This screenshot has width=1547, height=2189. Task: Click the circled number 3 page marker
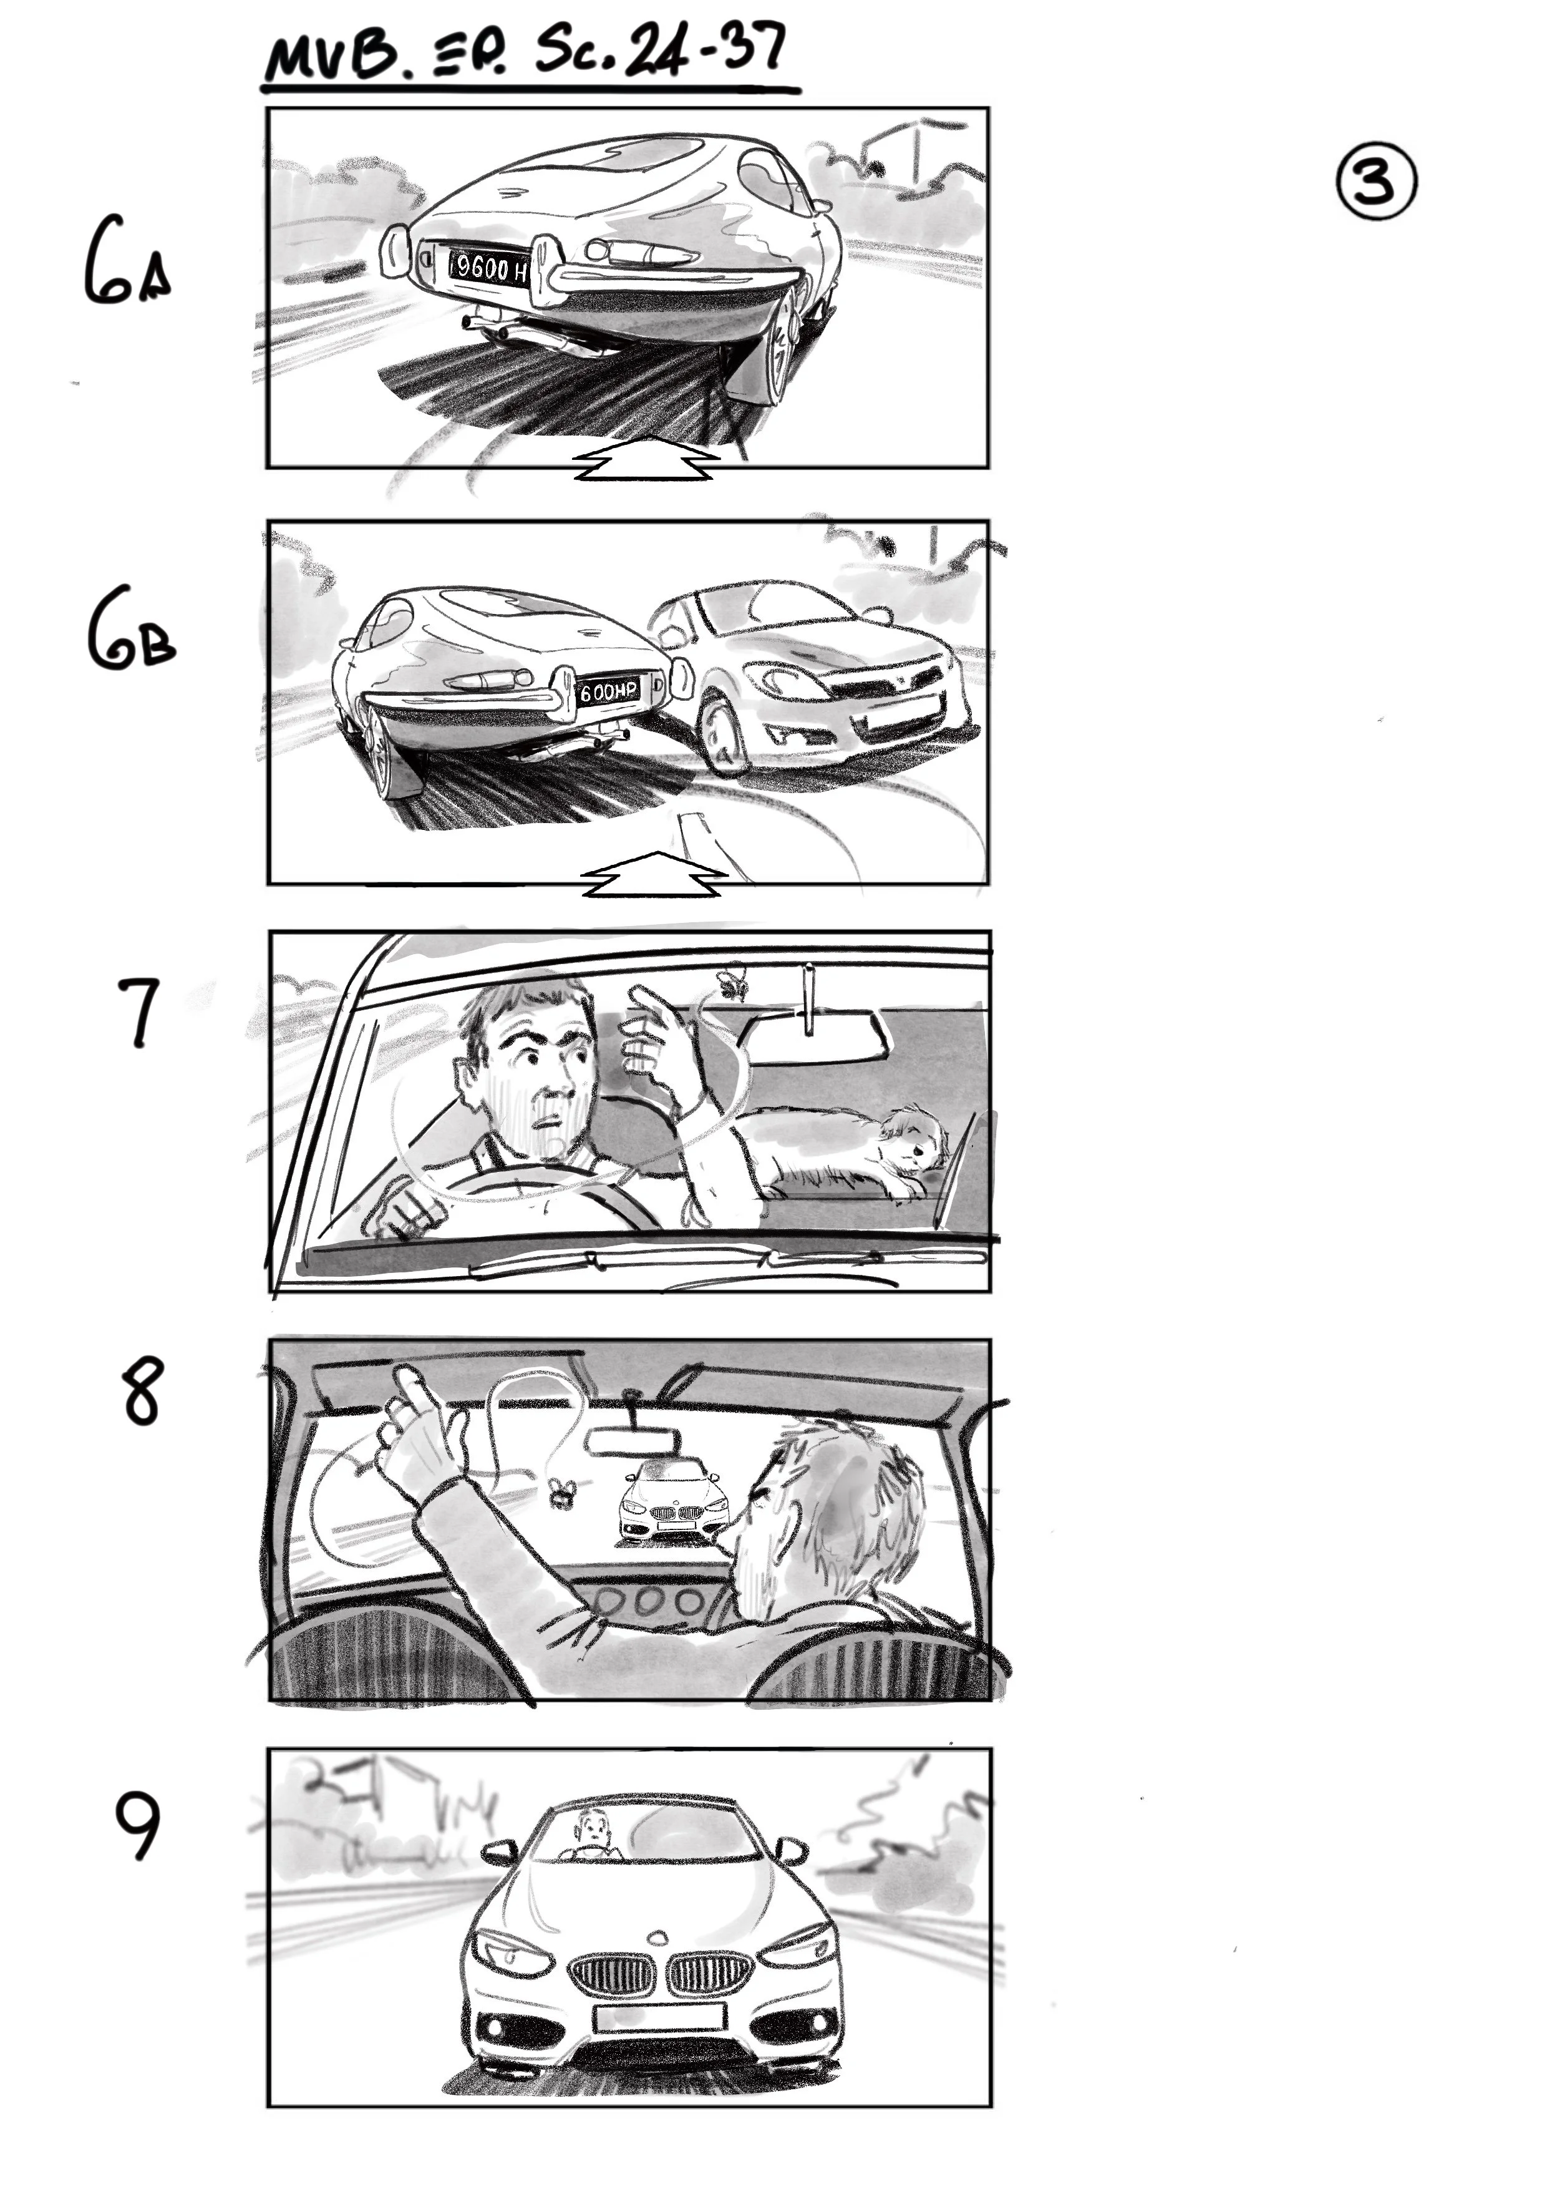tap(1376, 182)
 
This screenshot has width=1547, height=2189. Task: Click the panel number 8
tap(142, 1393)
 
